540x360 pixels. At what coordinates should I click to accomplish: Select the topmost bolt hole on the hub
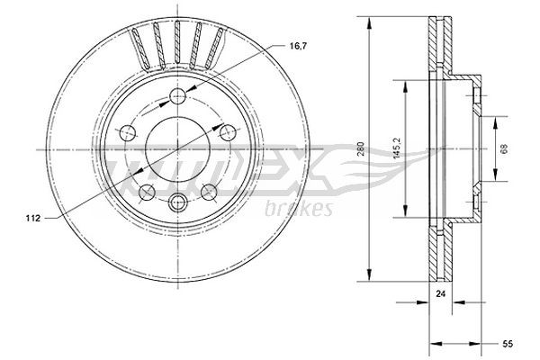pos(178,97)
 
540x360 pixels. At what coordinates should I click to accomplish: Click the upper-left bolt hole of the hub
pos(129,131)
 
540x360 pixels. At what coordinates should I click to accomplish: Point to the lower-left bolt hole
pos(147,189)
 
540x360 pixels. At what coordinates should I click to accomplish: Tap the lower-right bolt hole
pos(209,189)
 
